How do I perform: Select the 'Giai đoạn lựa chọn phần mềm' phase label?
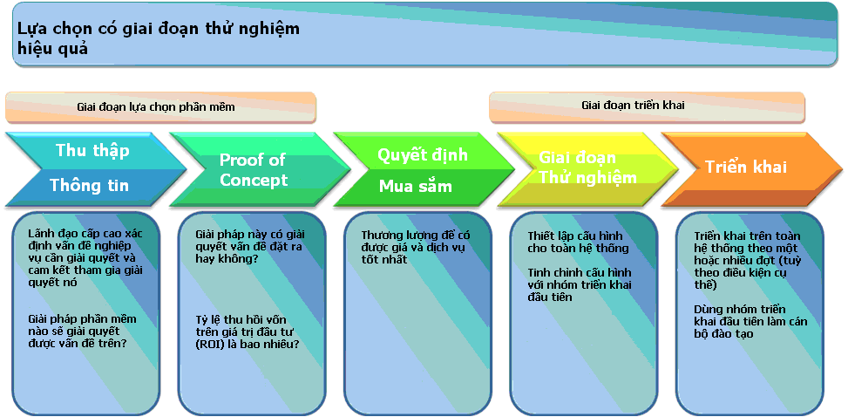[x=156, y=107]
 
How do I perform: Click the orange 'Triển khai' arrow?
[x=745, y=167]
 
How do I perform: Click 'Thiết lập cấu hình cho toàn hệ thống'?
[x=578, y=242]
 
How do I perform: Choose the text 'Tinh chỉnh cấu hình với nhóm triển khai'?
[x=579, y=284]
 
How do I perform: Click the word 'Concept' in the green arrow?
[x=254, y=181]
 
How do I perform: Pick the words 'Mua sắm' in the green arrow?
[x=416, y=186]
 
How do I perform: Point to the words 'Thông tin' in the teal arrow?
[x=89, y=185]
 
